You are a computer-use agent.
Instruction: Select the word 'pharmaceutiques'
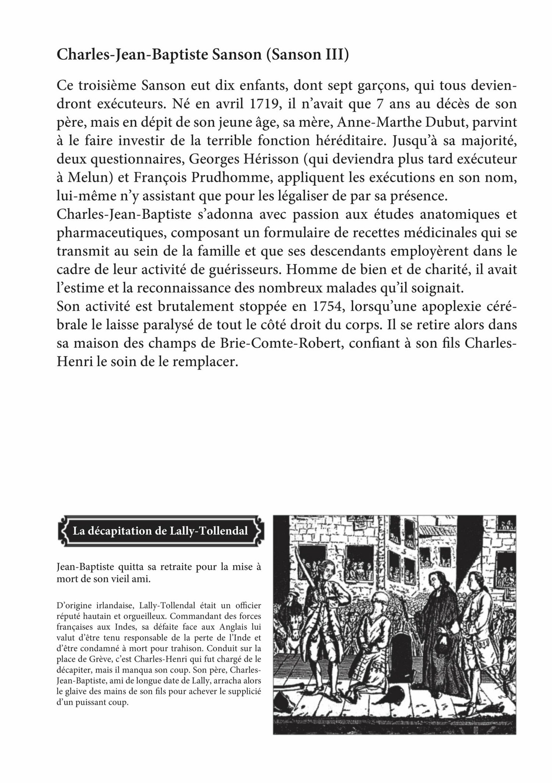tap(110, 233)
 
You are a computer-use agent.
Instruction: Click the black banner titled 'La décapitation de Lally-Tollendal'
tap(160, 531)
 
